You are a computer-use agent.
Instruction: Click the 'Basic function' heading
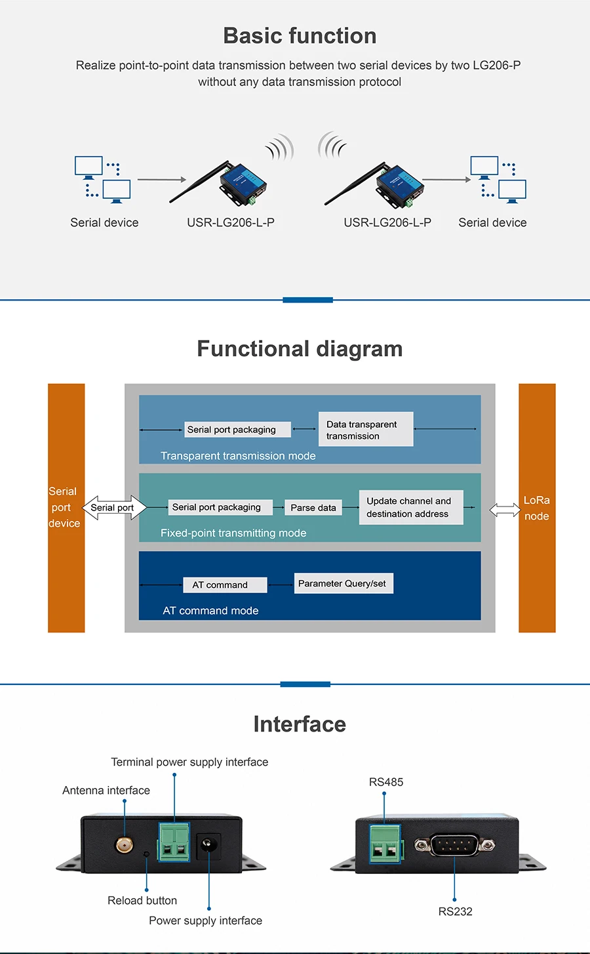click(x=300, y=35)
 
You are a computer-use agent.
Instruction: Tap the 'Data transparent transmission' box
click(x=366, y=429)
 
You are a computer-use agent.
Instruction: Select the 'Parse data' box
click(x=313, y=507)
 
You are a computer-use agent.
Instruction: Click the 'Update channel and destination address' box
click(x=411, y=507)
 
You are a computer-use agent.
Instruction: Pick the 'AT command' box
click(x=225, y=585)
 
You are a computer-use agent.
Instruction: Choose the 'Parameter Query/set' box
click(x=344, y=583)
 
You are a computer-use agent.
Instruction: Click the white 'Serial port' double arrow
click(x=114, y=507)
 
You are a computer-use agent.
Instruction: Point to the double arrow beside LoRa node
click(x=505, y=510)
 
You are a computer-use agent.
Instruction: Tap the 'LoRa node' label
click(x=536, y=508)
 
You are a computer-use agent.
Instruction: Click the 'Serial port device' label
click(x=64, y=507)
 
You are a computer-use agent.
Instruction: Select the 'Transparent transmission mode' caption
click(x=238, y=456)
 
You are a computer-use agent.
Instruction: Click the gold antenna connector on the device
click(x=124, y=845)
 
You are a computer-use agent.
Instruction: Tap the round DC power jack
click(x=208, y=844)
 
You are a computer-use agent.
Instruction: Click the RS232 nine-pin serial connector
click(x=455, y=845)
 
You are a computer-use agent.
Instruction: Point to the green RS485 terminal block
click(x=385, y=844)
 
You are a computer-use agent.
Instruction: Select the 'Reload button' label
click(x=142, y=900)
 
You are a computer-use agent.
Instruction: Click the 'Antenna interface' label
click(x=106, y=790)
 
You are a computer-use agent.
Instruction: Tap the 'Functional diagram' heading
click(x=300, y=349)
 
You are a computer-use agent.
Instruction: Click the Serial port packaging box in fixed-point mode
click(x=220, y=507)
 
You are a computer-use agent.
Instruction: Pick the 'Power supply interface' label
click(x=205, y=921)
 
